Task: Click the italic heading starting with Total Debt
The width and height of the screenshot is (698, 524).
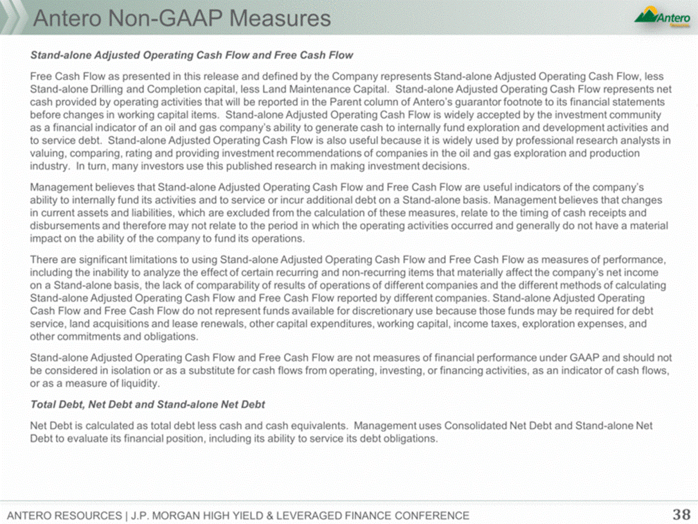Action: click(x=147, y=404)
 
